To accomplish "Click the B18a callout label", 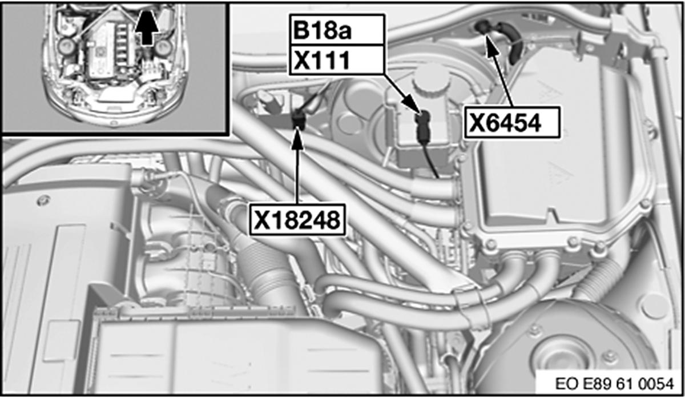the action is coord(336,30).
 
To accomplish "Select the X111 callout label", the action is coord(336,59).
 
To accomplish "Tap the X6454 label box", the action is coord(512,122).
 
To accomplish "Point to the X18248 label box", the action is coord(297,220).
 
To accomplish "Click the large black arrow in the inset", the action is coord(147,27).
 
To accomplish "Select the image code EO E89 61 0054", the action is coord(614,384).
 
